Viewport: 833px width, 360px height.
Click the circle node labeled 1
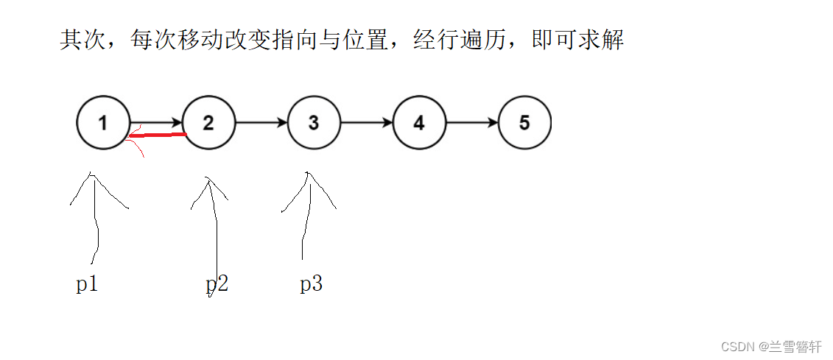[103, 123]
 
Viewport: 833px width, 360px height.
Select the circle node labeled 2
[208, 123]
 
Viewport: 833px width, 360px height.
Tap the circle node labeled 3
[314, 123]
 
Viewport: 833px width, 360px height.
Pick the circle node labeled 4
[419, 123]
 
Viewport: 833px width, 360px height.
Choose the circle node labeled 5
[524, 123]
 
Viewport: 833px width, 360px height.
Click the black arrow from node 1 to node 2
[156, 122]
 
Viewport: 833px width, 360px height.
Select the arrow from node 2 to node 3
[261, 123]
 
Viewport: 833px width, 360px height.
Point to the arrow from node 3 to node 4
[367, 123]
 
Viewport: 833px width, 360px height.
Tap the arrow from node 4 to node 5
[472, 123]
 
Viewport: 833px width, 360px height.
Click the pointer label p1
[87, 284]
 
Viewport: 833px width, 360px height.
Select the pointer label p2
[217, 284]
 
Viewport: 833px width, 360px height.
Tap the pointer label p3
[311, 284]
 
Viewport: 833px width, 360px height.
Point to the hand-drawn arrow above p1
[95, 213]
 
